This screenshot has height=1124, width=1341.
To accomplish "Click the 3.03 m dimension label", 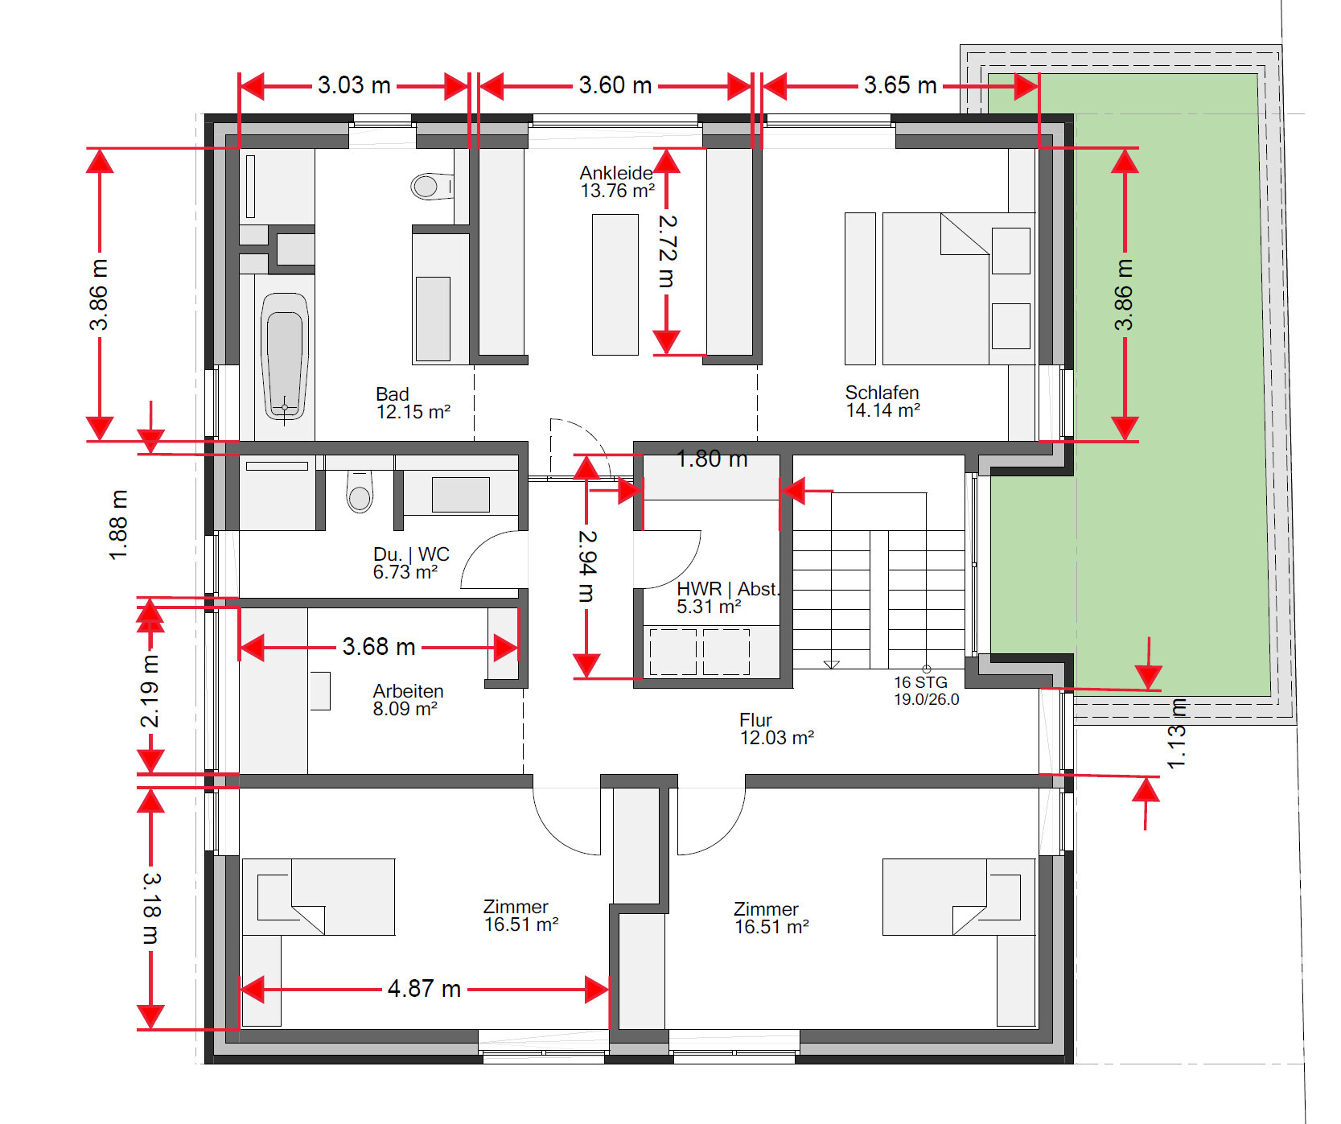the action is click(354, 85).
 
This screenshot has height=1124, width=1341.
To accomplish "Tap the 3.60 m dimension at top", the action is click(615, 85).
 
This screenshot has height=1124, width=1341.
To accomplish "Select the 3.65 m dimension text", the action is click(900, 85).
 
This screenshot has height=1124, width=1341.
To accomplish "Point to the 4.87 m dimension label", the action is click(424, 989).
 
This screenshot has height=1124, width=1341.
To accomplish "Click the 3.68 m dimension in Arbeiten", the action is click(379, 647).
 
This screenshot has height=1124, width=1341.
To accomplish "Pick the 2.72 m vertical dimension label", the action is click(668, 251).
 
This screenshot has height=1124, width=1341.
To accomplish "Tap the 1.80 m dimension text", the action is click(712, 459).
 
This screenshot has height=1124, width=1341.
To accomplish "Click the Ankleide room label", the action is click(616, 173).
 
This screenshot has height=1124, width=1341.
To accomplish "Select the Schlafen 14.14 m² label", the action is click(882, 401).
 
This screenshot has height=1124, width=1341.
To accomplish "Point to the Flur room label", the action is click(755, 720).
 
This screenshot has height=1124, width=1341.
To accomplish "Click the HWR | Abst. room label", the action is click(728, 589).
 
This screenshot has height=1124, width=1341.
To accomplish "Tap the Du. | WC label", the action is click(411, 554).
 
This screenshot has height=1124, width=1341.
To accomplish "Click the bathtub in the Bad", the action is click(285, 356).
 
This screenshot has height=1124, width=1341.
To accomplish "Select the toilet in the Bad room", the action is click(431, 187).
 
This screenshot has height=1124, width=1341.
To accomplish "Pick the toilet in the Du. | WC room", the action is click(360, 491).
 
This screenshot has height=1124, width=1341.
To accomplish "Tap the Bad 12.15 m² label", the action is click(413, 403).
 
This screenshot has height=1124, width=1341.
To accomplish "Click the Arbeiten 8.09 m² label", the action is click(408, 700).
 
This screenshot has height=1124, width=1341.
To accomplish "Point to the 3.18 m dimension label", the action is click(151, 908).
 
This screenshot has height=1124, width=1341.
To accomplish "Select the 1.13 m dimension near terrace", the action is click(1176, 733).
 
